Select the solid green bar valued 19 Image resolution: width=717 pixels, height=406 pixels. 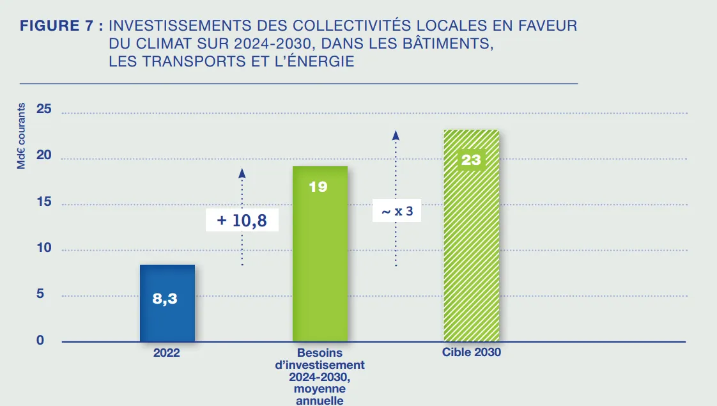[x=320, y=269]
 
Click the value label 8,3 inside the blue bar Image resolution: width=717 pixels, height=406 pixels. [x=165, y=299]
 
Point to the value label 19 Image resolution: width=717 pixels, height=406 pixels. [x=318, y=187]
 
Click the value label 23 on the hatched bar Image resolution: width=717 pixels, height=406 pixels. [x=471, y=160]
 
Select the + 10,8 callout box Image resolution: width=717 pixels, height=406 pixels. [x=242, y=221]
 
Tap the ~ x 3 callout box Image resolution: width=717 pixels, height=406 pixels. [x=397, y=210]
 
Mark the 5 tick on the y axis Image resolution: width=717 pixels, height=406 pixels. [x=40, y=294]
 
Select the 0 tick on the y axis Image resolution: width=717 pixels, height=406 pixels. [x=40, y=340]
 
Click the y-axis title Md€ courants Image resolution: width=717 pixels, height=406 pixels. [x=21, y=136]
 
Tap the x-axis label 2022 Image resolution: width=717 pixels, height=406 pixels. [x=166, y=352]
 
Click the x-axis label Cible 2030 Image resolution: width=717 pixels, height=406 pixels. [x=472, y=352]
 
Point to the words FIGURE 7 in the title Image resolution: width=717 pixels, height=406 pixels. [x=61, y=26]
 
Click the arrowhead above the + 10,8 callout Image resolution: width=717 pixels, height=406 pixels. [x=242, y=172]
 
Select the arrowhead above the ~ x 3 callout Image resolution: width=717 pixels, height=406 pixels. [x=396, y=134]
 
